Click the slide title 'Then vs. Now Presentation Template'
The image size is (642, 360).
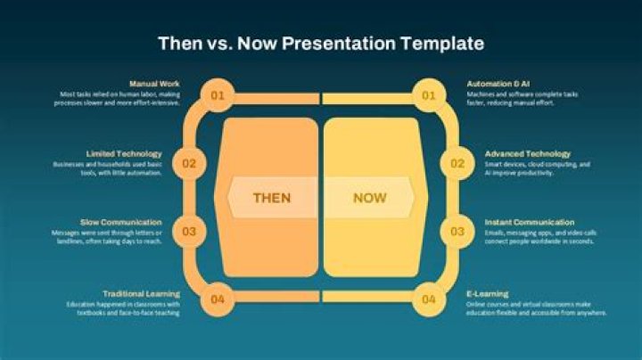click(321, 43)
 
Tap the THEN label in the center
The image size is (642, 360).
click(272, 198)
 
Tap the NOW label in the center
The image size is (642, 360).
click(369, 198)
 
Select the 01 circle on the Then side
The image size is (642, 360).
click(218, 94)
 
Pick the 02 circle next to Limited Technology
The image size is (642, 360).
click(189, 163)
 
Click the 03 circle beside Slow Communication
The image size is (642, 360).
click(189, 232)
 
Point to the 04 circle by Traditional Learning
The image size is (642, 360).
click(218, 299)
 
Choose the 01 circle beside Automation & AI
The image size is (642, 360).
click(429, 94)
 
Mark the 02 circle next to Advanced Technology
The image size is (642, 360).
click(457, 163)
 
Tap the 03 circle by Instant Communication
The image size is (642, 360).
click(457, 232)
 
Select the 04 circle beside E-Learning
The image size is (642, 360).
click(429, 299)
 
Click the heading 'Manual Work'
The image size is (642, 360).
click(154, 84)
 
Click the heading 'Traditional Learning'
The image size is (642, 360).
click(141, 293)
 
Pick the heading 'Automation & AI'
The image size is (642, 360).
click(497, 84)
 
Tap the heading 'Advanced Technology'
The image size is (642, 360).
click(527, 153)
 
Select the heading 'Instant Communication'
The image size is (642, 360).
click(529, 222)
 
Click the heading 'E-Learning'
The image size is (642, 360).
click(487, 293)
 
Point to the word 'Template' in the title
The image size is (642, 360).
click(443, 43)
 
